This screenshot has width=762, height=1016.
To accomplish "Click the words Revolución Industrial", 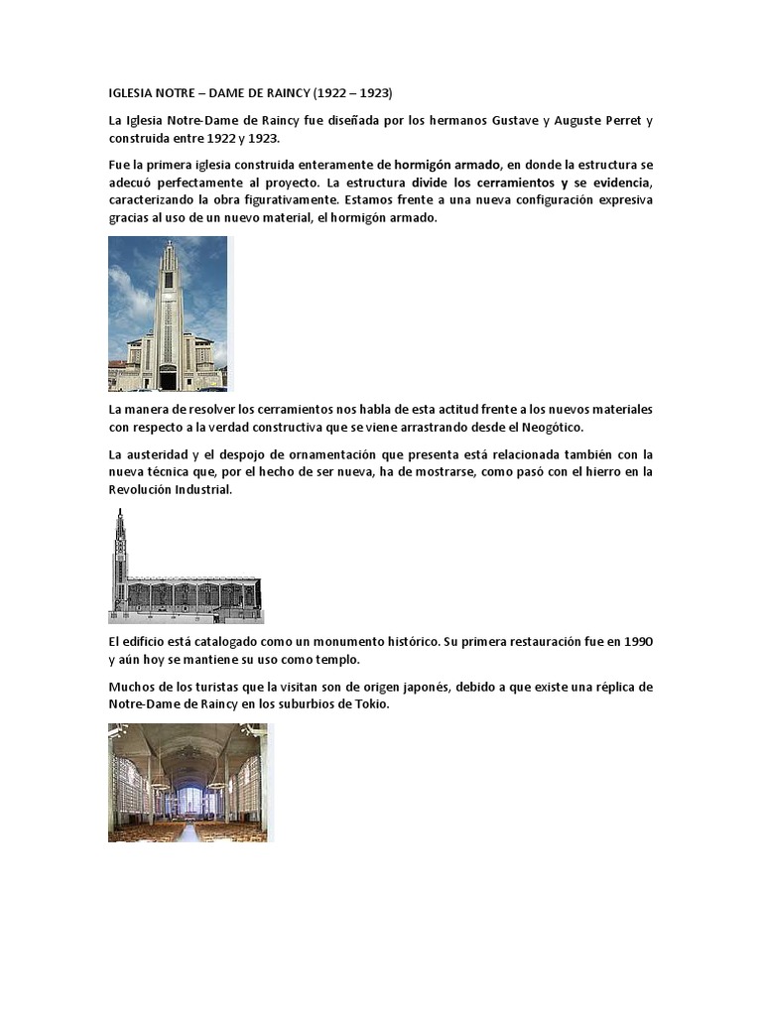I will [170, 490].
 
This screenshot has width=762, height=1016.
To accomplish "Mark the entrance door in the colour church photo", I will [168, 377].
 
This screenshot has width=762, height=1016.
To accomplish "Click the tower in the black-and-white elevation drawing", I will [120, 556].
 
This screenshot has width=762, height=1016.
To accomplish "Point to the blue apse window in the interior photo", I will [189, 798].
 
